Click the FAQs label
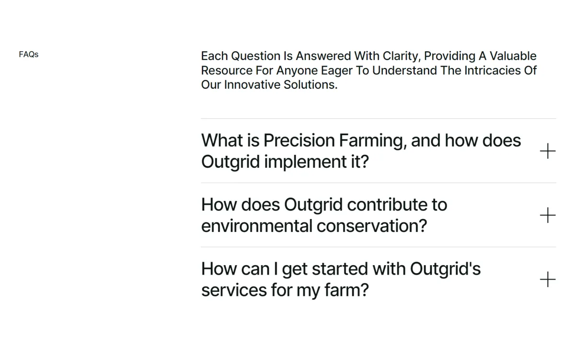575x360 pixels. [28, 55]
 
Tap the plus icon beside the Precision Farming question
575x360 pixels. [548, 151]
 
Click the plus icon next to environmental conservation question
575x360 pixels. [548, 215]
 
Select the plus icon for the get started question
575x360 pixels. [548, 279]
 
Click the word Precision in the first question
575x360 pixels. [299, 140]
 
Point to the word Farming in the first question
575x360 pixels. [373, 141]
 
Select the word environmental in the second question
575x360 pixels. [257, 226]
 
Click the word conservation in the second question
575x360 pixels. [372, 226]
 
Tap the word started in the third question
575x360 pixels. [340, 269]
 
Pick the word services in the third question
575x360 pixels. [234, 290]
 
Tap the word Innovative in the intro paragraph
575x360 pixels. [253, 85]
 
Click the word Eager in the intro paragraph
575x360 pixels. [337, 71]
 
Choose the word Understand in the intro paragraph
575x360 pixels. [404, 70]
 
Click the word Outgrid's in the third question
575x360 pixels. [445, 269]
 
